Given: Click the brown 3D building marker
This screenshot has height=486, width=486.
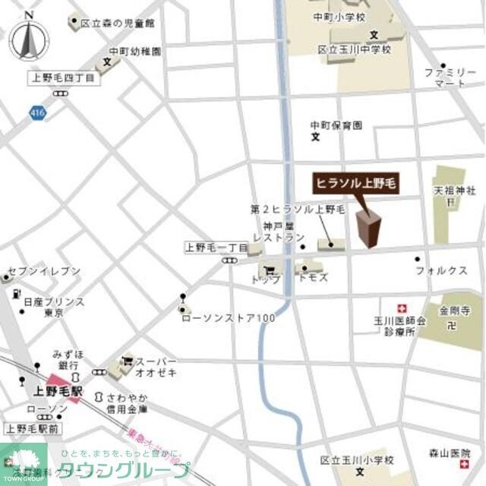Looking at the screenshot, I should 369,228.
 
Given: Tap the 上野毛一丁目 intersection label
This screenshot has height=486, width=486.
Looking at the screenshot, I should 216,248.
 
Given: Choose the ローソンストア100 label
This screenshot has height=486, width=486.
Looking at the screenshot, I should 228,317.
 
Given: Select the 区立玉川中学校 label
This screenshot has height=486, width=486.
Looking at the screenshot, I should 354,50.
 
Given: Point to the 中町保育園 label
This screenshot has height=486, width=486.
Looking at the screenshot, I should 336,125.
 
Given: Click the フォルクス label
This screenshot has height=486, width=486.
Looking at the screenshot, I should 440,270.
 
